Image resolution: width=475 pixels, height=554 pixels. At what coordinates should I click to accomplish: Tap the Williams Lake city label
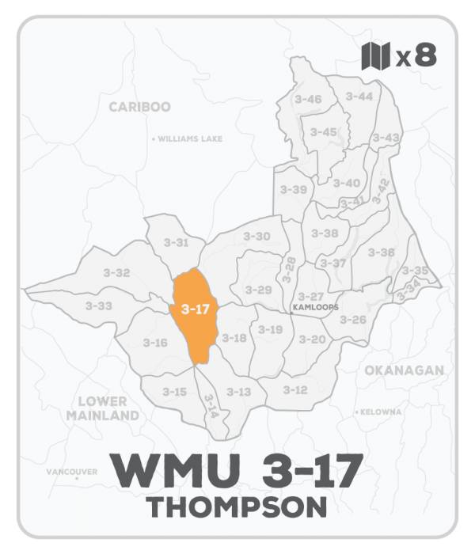188,138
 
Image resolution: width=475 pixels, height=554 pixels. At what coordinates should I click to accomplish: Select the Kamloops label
315,307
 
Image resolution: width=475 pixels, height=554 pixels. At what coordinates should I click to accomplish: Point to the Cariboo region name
140,107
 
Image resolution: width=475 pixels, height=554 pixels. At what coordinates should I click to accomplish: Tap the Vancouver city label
72,472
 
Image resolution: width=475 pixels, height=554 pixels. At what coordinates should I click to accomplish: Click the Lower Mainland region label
103,408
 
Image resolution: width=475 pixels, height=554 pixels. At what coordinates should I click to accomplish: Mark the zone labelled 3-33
99,305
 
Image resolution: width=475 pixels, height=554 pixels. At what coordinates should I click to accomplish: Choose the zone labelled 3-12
294,389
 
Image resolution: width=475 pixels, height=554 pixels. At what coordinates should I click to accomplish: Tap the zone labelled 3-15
174,391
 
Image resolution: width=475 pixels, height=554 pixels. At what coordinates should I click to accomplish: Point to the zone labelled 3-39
294,190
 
